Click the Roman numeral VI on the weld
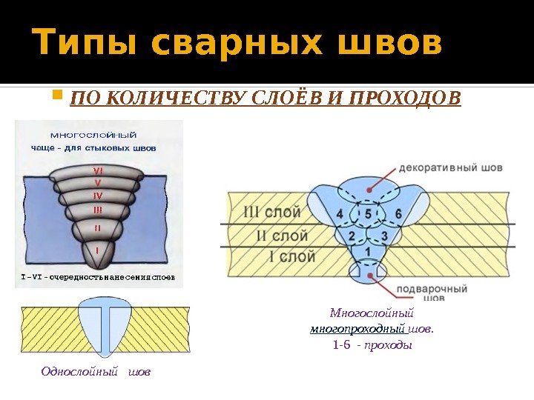(98, 170)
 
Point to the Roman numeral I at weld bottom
(96, 250)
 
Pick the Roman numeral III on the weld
(97, 210)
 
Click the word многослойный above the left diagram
(93, 135)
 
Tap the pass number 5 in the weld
(369, 213)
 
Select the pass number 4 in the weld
(340, 214)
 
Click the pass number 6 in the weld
(398, 214)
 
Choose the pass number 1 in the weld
(368, 252)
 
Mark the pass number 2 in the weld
(353, 236)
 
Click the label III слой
(272, 212)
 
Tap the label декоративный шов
(450, 167)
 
